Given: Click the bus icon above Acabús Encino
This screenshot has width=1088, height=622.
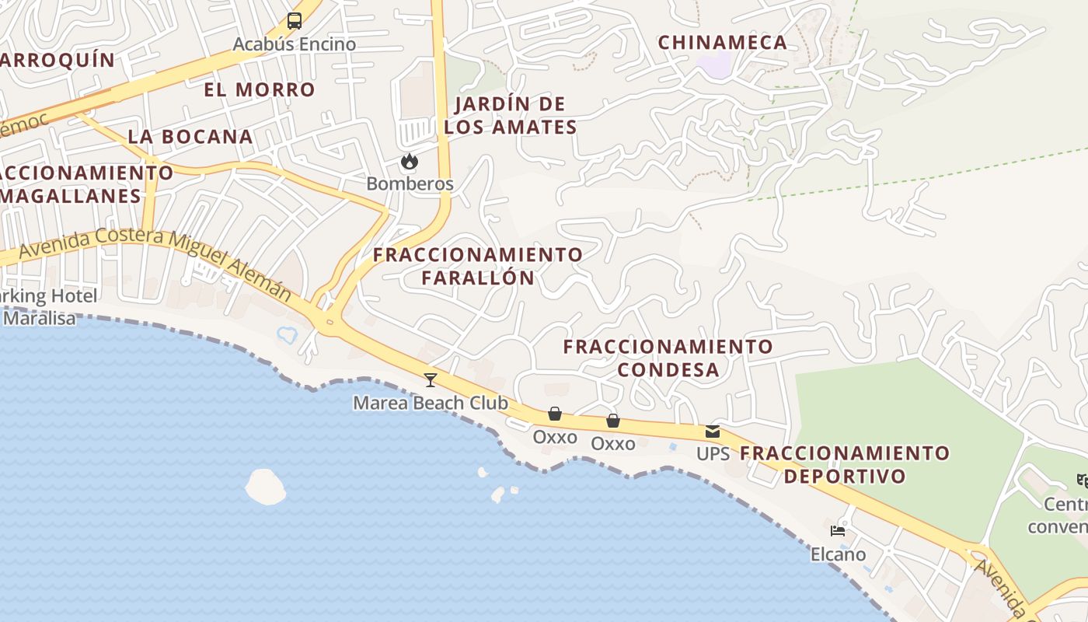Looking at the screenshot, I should coord(295,21).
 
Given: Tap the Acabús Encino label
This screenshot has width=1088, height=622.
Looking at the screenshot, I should coord(295,44).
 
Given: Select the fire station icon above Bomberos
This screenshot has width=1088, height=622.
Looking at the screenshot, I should coord(410,162).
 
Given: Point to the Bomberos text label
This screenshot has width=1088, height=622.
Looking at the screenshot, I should coord(410,184).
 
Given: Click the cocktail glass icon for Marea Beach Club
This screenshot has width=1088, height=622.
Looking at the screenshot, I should coord(431,380).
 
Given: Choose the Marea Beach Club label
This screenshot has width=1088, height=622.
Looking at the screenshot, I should coord(431,403).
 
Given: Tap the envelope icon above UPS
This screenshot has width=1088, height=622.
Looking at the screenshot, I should coord(713,432).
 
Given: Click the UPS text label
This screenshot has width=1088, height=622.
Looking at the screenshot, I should coord(713,453).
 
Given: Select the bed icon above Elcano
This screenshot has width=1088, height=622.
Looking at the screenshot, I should coord(838,532).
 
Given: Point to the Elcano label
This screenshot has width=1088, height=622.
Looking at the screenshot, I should coord(838,554).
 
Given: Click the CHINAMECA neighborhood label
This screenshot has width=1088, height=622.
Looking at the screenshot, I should coord(723,43).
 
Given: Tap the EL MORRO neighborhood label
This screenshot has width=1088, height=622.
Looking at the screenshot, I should coord(260,90).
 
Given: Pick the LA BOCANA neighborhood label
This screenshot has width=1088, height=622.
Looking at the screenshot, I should coord(190,137).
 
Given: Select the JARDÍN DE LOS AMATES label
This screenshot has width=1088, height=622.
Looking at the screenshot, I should coord(511,116).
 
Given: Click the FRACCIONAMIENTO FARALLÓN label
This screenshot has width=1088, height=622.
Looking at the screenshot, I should coord(478,266).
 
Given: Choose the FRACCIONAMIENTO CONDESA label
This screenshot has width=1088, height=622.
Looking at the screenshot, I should coord(668,358).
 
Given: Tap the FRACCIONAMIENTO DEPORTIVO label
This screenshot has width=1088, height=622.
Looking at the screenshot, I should coord(845,464).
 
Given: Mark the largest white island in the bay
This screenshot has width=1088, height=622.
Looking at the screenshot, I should coord(266,487).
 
